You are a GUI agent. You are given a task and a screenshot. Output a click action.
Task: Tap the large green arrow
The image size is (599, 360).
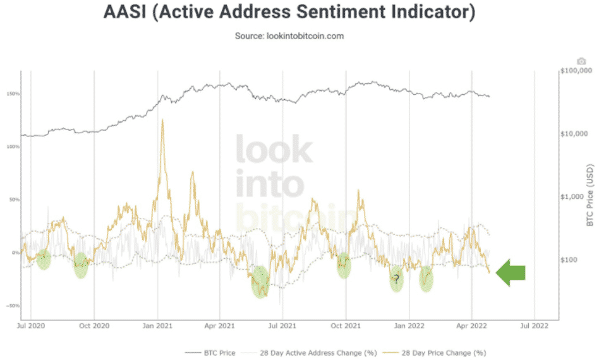[511, 272]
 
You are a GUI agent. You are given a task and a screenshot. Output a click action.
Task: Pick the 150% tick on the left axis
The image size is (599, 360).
[14, 94]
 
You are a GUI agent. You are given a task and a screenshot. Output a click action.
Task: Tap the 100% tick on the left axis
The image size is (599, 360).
[14, 147]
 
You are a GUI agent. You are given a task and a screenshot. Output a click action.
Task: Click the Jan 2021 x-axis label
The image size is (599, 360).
[158, 327]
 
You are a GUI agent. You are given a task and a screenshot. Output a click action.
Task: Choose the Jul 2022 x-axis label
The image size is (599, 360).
[534, 327]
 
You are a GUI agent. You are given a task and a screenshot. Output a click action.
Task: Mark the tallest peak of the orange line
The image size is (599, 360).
[163, 119]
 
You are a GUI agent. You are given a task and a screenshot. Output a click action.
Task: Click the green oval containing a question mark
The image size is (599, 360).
[396, 278]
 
